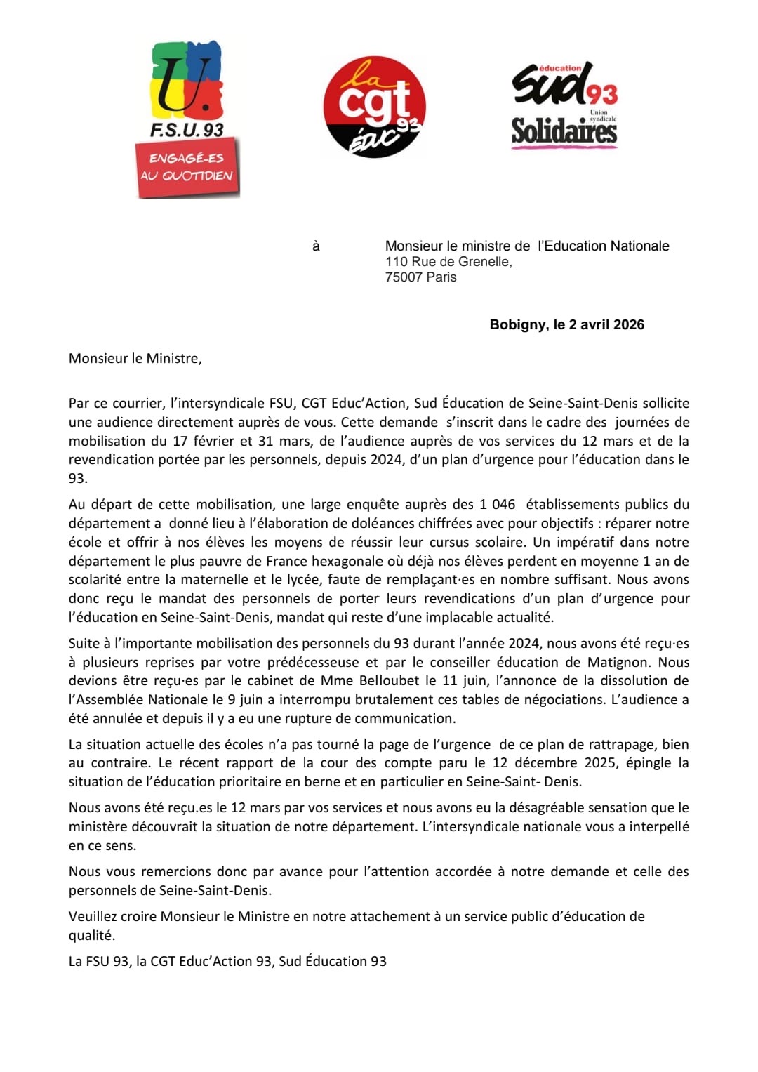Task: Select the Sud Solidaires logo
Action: click(564, 105)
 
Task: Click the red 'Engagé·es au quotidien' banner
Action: click(187, 167)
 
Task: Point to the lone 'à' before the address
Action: click(316, 246)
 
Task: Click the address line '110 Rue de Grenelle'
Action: click(448, 262)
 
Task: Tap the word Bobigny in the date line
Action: click(518, 324)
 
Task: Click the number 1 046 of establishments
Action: click(498, 505)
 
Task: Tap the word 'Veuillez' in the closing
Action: click(93, 916)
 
